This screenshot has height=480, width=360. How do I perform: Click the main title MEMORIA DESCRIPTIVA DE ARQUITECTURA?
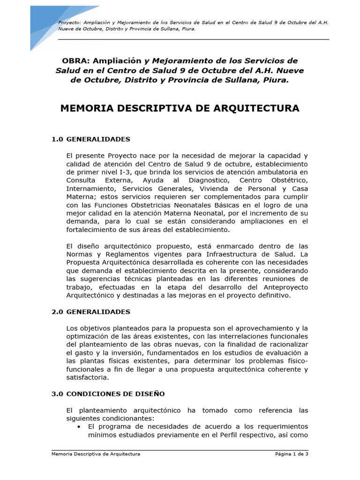pyautogui.click(x=180, y=109)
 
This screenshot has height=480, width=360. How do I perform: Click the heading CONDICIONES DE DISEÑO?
pyautogui.click(x=115, y=394)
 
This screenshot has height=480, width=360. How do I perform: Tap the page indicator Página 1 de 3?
pyautogui.click(x=291, y=454)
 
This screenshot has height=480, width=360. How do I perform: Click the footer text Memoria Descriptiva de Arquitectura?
pyautogui.click(x=96, y=454)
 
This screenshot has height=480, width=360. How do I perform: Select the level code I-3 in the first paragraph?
pyautogui.click(x=117, y=172)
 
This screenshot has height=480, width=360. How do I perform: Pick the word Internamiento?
pyautogui.click(x=90, y=189)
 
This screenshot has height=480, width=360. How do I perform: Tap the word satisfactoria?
pyautogui.click(x=87, y=377)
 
